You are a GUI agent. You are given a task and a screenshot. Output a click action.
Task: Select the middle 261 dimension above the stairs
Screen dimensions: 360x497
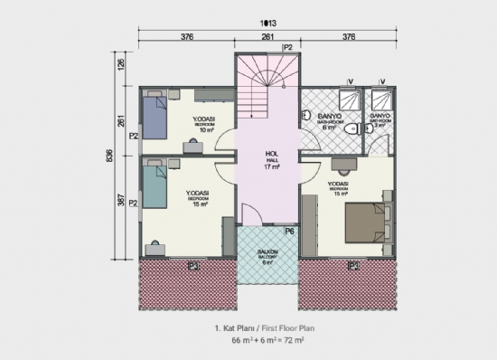[x=268, y=38]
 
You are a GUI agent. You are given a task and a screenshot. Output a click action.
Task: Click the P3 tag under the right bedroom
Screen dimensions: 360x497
[x=353, y=266]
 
